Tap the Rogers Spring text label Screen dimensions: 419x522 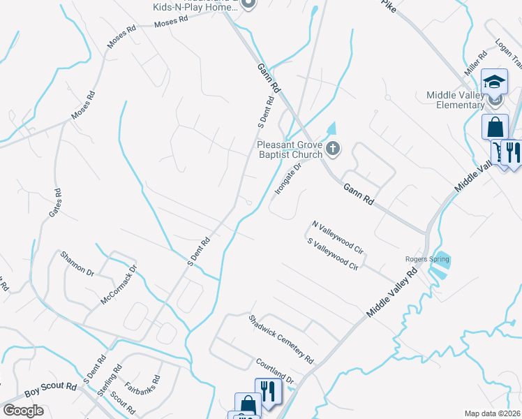click(427, 260)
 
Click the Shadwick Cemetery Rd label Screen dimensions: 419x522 click(282, 339)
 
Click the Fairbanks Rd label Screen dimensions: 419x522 click(142, 383)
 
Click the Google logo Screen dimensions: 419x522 click(23, 410)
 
